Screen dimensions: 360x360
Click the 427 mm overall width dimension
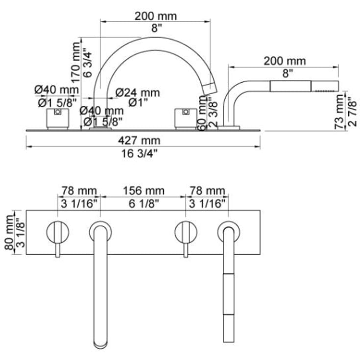point(139,141)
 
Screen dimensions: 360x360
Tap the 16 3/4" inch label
point(140,153)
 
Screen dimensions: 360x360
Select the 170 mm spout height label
point(76,62)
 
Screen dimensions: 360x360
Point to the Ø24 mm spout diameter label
point(138,93)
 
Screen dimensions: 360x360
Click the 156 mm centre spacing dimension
point(144,191)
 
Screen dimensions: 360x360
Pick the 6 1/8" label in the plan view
point(144,203)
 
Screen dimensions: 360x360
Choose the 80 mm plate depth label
point(9,232)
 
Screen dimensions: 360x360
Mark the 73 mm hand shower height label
point(339,112)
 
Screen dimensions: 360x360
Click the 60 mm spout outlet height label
point(202,114)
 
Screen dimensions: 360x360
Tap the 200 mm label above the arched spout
point(156,16)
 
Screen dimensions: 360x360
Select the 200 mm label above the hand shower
point(285,61)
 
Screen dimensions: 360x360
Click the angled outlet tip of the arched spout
point(209,89)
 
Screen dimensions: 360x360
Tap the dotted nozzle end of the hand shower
point(325,86)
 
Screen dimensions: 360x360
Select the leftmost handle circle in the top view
point(58,232)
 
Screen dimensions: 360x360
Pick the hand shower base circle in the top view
point(229,231)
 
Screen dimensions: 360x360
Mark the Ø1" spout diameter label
point(138,102)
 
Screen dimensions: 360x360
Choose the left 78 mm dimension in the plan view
point(79,191)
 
